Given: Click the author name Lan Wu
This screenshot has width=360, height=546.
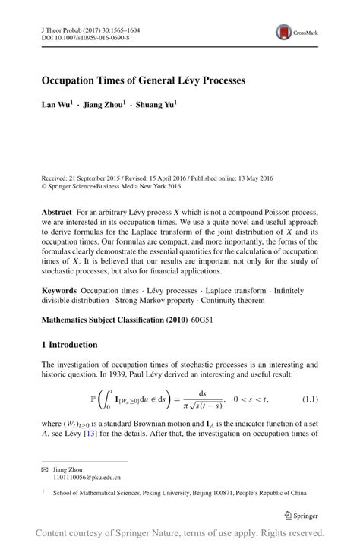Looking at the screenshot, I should (55, 104).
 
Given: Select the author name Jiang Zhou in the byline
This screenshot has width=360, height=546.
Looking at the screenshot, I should (105, 104).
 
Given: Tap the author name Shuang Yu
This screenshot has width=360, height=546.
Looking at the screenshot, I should (155, 104).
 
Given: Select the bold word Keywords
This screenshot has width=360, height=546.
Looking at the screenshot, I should (59, 290).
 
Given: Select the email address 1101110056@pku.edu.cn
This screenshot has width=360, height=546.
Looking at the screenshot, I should (87, 478).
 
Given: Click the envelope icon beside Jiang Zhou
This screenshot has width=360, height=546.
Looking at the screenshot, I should (44, 470).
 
